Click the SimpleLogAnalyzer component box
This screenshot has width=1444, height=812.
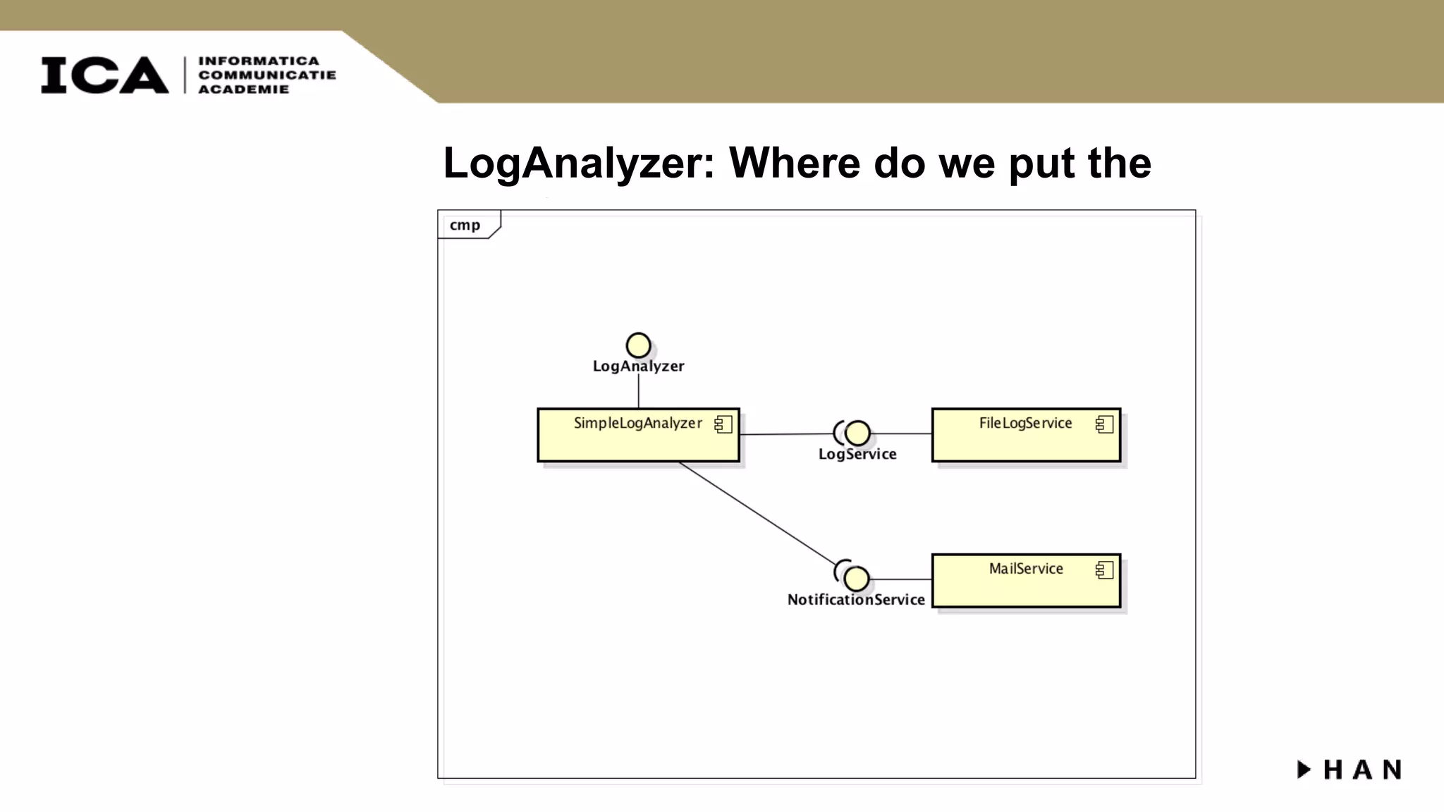pyautogui.click(x=638, y=441)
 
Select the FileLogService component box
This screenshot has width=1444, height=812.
pyautogui.click(x=1026, y=441)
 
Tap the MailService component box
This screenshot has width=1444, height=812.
pyautogui.click(x=1026, y=587)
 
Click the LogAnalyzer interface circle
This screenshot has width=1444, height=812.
pyautogui.click(x=638, y=345)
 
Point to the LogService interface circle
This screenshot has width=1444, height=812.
pyautogui.click(x=857, y=433)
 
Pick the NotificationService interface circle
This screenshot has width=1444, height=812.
pyautogui.click(x=857, y=579)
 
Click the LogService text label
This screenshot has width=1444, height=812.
pyautogui.click(x=857, y=455)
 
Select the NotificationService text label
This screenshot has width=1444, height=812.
pyautogui.click(x=856, y=600)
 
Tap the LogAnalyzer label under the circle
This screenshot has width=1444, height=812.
pyautogui.click(x=638, y=367)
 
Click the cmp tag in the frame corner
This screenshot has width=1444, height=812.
pyautogui.click(x=465, y=225)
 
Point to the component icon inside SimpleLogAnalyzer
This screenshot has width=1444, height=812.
pyautogui.click(x=723, y=424)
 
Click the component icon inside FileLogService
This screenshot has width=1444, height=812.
pyautogui.click(x=1104, y=424)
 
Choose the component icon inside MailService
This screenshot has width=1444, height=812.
pyautogui.click(x=1104, y=570)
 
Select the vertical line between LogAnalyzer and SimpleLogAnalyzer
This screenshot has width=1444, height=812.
pyautogui.click(x=639, y=391)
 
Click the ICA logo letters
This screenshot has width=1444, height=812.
pyautogui.click(x=104, y=75)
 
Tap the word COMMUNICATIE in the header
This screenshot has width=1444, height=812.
pyautogui.click(x=267, y=75)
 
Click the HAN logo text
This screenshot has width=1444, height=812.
pyautogui.click(x=1362, y=770)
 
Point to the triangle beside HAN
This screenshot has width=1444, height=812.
pyautogui.click(x=1304, y=769)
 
